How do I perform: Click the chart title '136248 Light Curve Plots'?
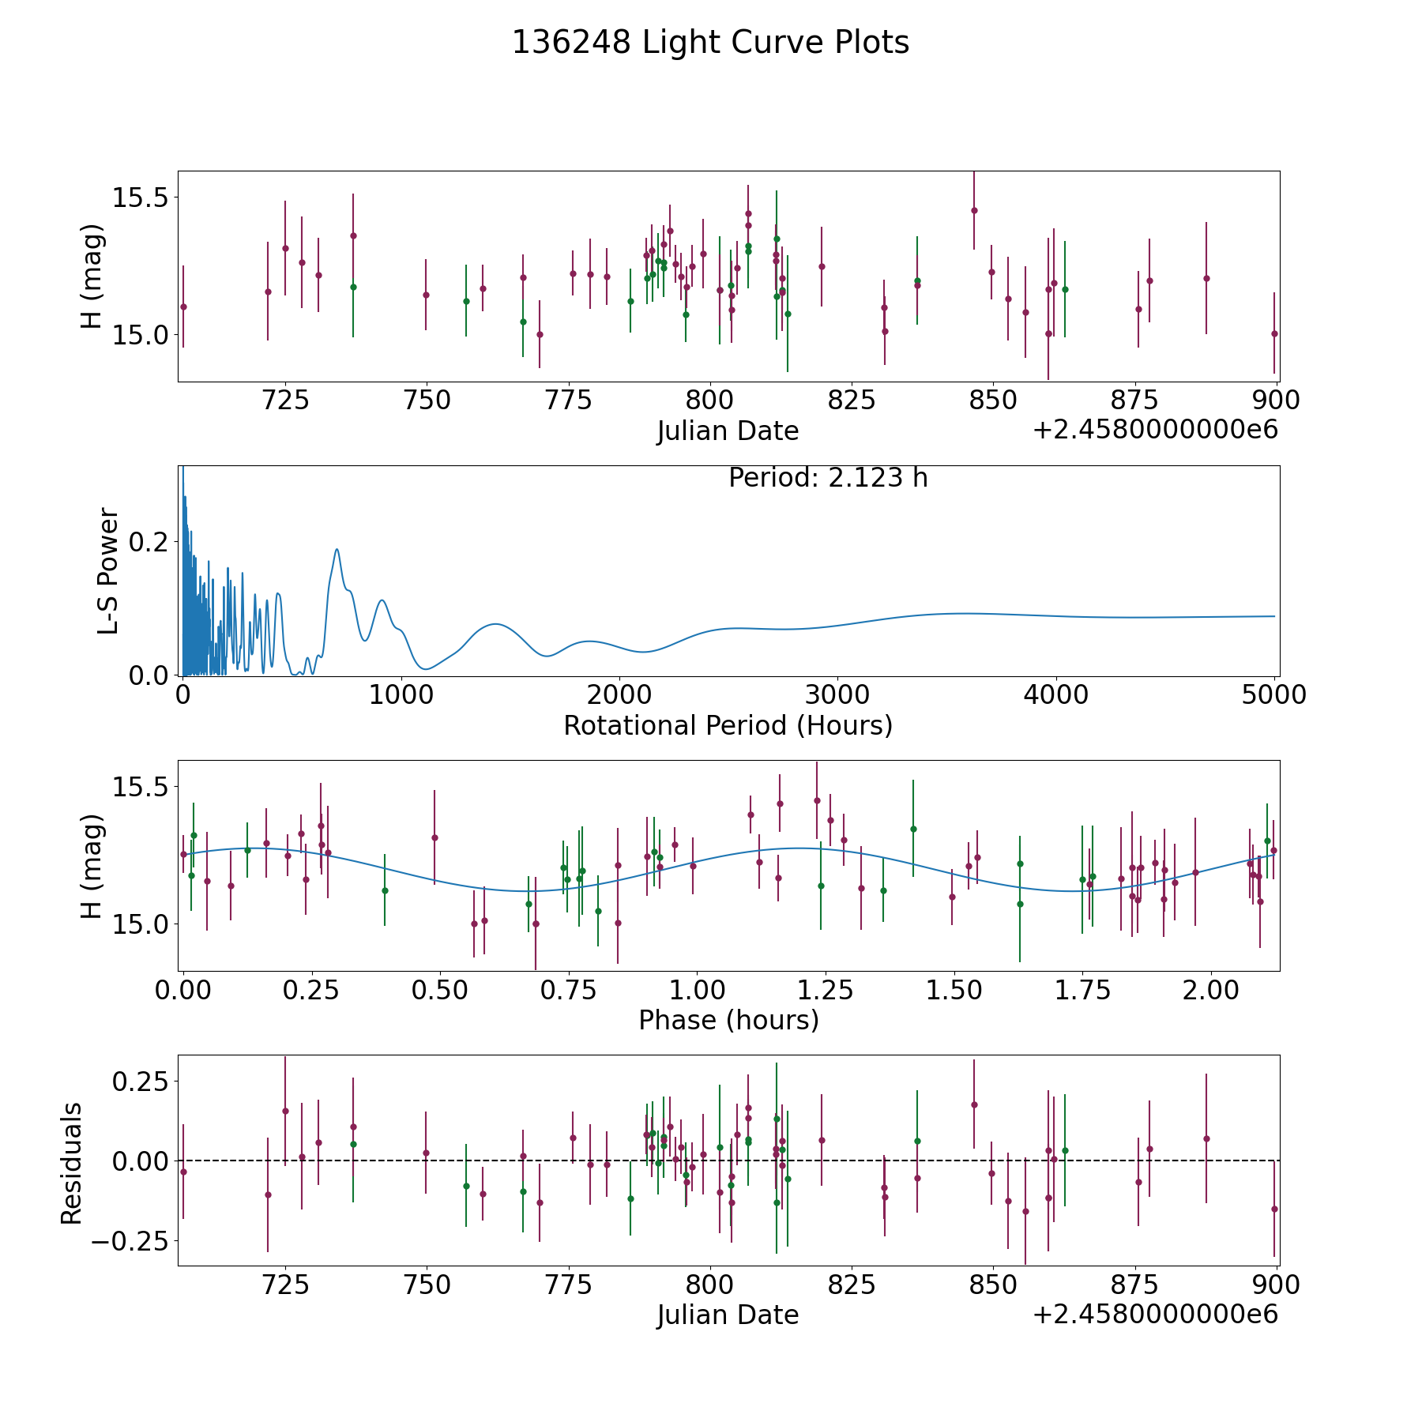[x=710, y=43]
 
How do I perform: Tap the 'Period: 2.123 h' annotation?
[x=828, y=478]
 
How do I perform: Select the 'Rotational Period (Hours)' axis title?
[x=728, y=725]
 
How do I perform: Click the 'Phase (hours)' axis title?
[x=728, y=1020]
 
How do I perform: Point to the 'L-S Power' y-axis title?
[x=108, y=570]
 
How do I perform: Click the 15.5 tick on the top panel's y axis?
[x=139, y=197]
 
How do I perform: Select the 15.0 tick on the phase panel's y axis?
[x=139, y=924]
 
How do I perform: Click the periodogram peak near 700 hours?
[x=337, y=549]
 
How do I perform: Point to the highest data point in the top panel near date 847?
[x=974, y=210]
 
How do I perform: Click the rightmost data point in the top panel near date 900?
[x=1274, y=333]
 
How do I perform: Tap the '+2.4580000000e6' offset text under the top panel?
[x=1155, y=430]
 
